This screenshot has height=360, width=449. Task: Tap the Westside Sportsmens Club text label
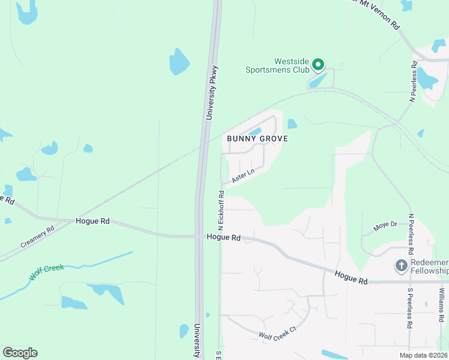tap(278, 65)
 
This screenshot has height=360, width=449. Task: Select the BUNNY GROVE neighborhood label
tap(258, 139)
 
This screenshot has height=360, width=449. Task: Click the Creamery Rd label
tap(37, 236)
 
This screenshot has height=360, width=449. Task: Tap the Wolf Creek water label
tap(47, 272)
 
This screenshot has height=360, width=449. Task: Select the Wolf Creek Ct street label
tap(277, 336)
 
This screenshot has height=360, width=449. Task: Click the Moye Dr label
tap(385, 226)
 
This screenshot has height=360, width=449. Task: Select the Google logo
tap(20, 353)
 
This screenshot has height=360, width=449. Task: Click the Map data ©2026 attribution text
tap(423, 355)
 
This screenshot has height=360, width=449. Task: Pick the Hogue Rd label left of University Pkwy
tap(92, 221)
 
